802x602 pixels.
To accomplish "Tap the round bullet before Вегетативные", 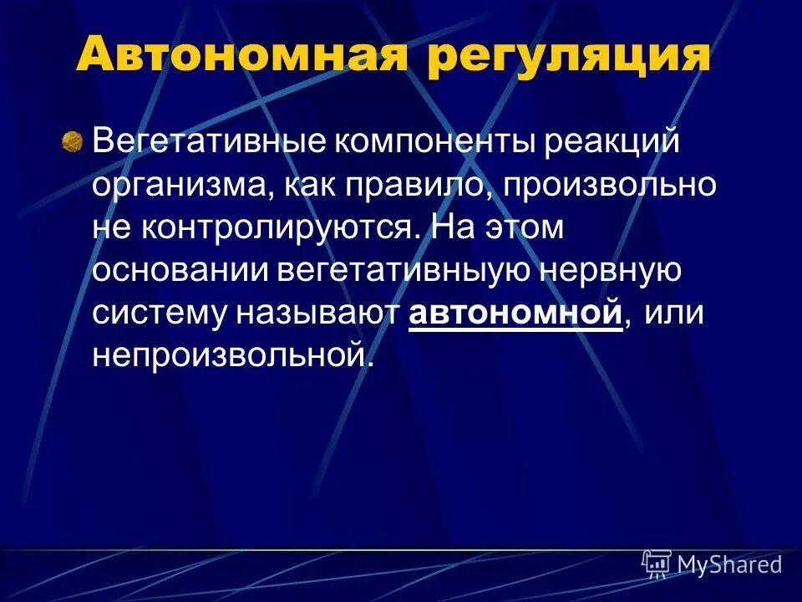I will pyautogui.click(x=73, y=142).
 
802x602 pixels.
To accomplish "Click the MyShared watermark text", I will pyautogui.click(x=729, y=565).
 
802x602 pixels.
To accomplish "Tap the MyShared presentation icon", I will pyautogui.click(x=657, y=564).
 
